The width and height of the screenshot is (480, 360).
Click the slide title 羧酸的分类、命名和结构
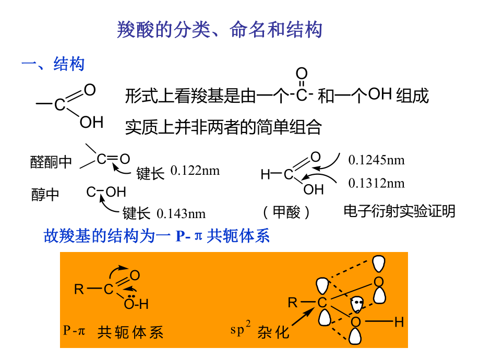(x=219, y=30)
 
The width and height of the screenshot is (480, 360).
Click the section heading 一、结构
(x=53, y=65)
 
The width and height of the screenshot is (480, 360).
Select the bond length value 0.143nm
(x=181, y=213)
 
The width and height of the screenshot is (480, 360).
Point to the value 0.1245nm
(x=377, y=160)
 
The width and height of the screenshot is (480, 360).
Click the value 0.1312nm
(x=377, y=183)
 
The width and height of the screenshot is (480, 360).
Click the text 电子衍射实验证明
(x=399, y=211)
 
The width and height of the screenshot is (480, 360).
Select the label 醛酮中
(x=51, y=162)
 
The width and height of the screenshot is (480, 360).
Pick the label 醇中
(x=45, y=195)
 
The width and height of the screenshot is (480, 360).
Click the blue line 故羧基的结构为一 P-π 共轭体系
(x=157, y=236)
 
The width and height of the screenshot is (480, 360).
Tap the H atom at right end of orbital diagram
(x=399, y=322)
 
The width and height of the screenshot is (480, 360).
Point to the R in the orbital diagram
(x=293, y=302)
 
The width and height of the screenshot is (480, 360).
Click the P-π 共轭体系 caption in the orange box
(x=113, y=332)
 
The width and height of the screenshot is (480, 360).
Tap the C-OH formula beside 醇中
(x=106, y=192)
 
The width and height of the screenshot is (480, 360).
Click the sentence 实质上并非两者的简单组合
(x=223, y=127)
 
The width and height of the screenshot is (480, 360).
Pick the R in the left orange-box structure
(x=79, y=289)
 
